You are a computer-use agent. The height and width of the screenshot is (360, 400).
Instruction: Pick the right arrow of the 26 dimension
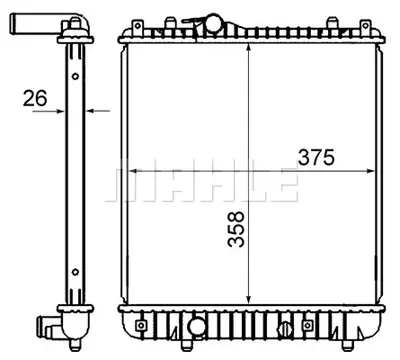(91, 112)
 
